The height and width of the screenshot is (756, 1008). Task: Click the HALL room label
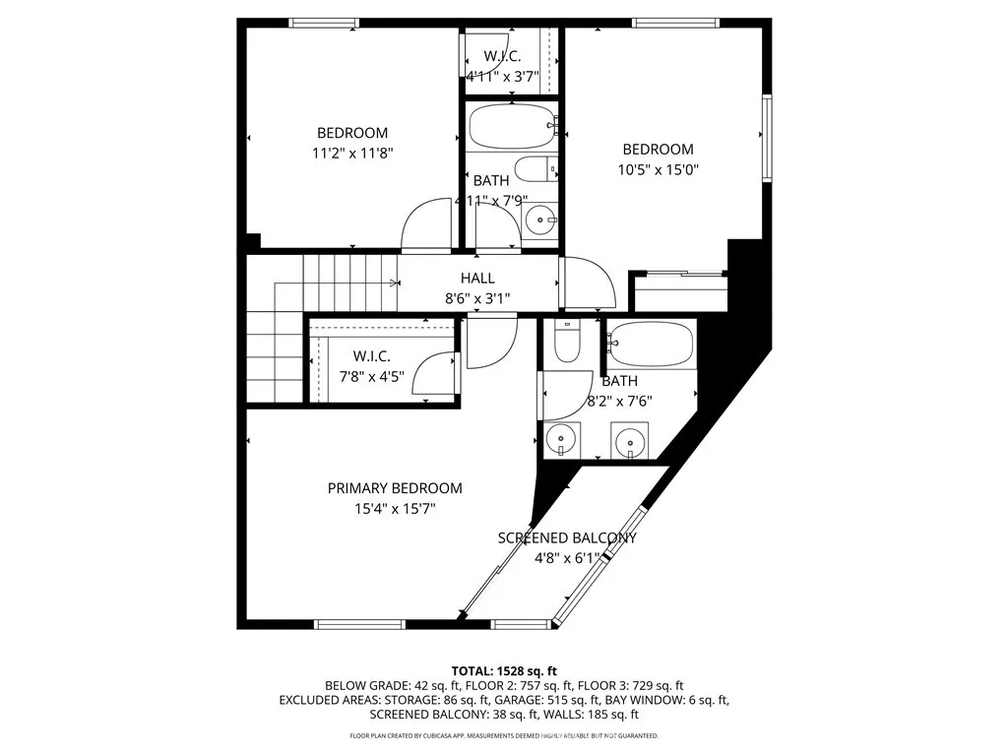click(x=477, y=279)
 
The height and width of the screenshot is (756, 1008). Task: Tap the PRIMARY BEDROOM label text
click(x=395, y=488)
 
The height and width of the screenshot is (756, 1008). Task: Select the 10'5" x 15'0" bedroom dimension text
click(x=658, y=168)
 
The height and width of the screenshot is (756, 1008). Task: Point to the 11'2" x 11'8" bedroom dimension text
click(x=351, y=153)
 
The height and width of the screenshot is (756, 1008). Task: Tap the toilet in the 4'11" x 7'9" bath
click(x=537, y=169)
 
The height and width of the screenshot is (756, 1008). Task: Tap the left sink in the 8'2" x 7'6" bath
click(x=561, y=439)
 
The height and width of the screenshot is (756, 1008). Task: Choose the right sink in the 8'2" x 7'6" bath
click(x=630, y=439)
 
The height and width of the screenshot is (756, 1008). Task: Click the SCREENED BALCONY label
click(x=567, y=538)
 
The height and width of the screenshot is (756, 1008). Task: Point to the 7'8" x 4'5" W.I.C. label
click(x=371, y=355)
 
